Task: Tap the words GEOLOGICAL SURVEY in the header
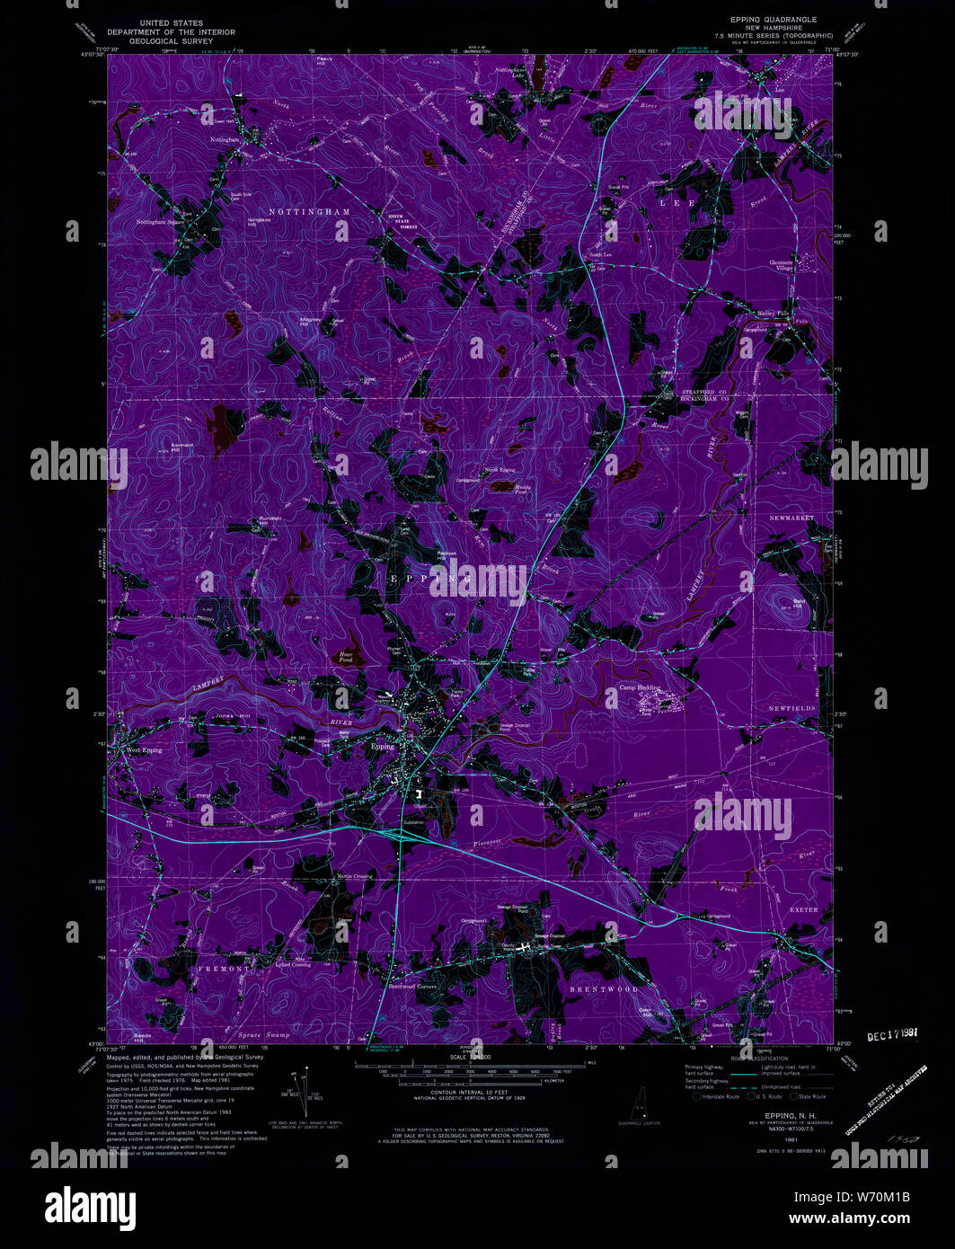(x=170, y=41)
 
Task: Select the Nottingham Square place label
(x=160, y=221)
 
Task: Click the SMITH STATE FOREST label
(x=402, y=222)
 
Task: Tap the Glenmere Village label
(x=781, y=265)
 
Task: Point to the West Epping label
(x=145, y=749)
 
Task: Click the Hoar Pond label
(x=346, y=657)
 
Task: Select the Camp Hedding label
(x=639, y=687)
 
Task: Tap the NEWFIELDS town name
(x=792, y=708)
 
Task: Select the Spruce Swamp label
(x=264, y=1035)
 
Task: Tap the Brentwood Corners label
(x=411, y=987)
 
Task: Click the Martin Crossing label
(x=354, y=876)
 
